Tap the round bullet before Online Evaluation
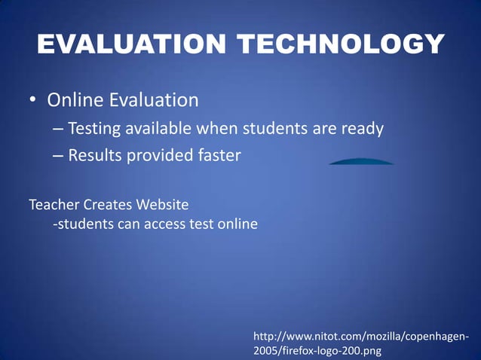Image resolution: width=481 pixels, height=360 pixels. [33, 100]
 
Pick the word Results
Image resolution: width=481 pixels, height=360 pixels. [94, 156]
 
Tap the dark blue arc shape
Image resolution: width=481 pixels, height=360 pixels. [361, 161]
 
